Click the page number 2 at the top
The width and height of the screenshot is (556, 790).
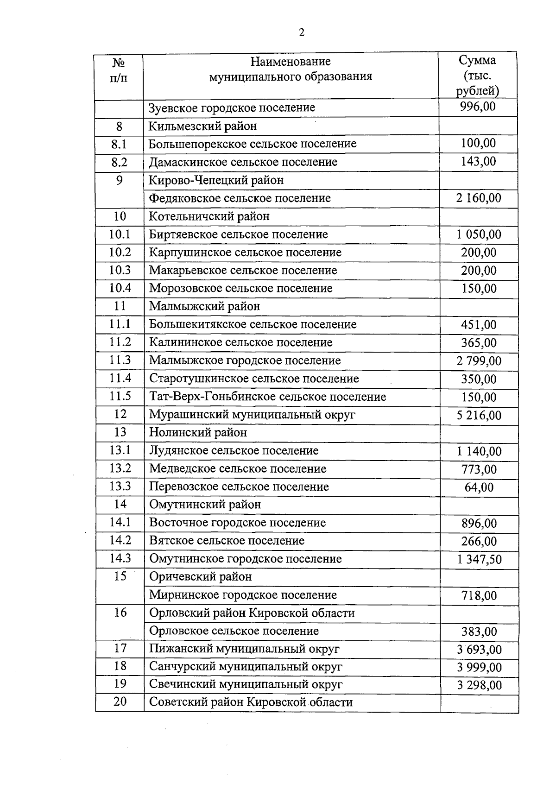[x=302, y=32]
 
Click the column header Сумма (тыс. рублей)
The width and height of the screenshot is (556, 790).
[x=478, y=75]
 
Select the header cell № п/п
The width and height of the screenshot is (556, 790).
[x=119, y=70]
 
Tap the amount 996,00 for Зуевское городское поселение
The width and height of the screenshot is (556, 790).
[x=478, y=107]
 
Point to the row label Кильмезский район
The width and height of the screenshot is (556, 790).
[x=202, y=126]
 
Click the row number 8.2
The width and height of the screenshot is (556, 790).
[x=119, y=162]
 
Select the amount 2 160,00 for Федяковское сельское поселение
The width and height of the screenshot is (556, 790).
[x=479, y=198]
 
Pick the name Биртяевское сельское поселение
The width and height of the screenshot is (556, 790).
[x=238, y=234]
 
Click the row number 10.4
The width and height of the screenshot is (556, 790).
[x=120, y=288]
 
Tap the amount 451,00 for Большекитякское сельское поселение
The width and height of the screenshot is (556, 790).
[x=479, y=325]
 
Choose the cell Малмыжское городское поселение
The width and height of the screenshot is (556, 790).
[x=245, y=360]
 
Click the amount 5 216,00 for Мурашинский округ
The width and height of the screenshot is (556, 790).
[x=479, y=415]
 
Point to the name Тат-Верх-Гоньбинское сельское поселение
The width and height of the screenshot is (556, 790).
[x=267, y=397]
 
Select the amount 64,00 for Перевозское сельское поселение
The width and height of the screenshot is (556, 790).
[x=479, y=487]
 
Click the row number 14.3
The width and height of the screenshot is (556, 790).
[x=120, y=558]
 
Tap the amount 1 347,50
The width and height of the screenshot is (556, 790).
[x=479, y=560]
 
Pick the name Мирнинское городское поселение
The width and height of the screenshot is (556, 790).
[x=243, y=595]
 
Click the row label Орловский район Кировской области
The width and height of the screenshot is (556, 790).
[x=252, y=613]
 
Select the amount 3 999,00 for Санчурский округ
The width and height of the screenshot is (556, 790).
[x=479, y=668]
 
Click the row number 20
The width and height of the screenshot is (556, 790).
[x=120, y=702]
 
